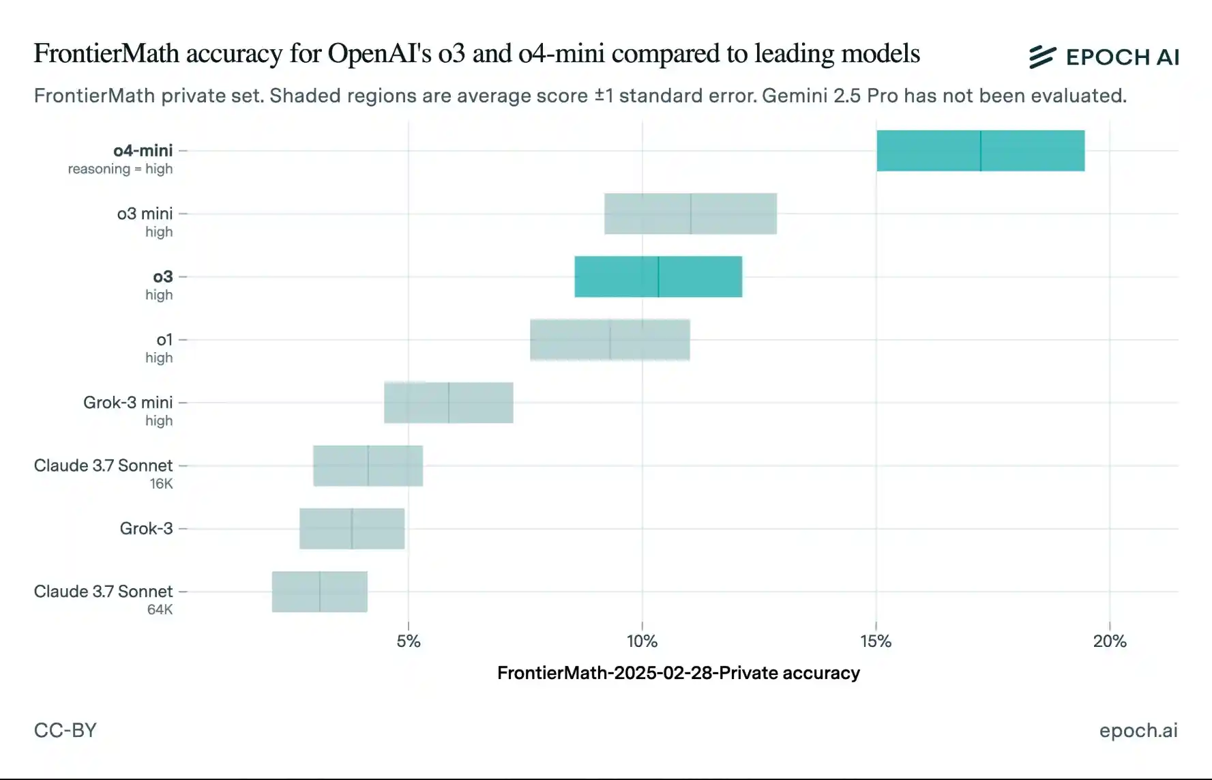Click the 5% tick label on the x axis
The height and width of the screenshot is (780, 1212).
408,641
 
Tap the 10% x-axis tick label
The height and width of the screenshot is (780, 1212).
642,641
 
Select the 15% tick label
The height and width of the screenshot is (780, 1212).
876,641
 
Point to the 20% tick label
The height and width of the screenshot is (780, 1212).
1110,641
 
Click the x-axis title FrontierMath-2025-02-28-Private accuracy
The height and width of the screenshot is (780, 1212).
678,673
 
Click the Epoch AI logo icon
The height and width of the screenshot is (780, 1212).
1042,57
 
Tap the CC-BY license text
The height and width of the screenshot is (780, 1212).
65,730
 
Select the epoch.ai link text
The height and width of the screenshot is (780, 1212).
1138,730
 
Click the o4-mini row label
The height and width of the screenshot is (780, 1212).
143,150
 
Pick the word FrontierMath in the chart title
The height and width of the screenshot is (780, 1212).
106,53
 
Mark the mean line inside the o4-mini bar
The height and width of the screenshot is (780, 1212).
981,151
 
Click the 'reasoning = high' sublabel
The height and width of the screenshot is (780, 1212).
120,169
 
